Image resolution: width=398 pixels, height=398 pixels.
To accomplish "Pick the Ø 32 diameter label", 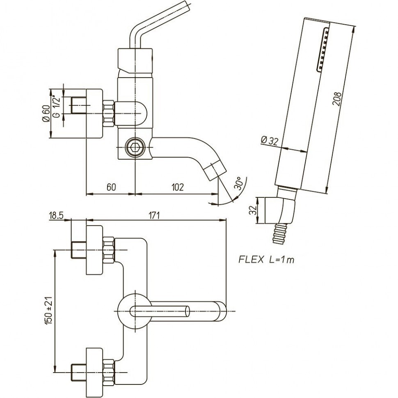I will tap(269, 141).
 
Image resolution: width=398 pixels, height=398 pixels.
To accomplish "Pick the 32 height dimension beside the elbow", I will tap(253, 211).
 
